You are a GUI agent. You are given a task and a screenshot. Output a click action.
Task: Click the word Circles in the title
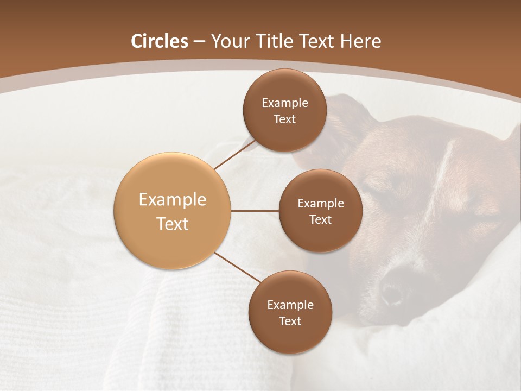tap(159, 41)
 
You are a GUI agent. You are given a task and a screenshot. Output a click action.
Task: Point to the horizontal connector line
tap(255, 211)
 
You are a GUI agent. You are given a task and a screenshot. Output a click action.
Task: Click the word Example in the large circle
tap(172, 200)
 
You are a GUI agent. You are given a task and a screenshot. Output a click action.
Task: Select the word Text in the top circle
tap(284, 119)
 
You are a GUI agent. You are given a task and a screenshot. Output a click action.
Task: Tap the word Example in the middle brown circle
tap(320, 204)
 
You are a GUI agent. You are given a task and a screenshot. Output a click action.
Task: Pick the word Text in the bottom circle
tap(290, 321)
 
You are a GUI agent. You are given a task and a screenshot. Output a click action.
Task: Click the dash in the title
tap(199, 42)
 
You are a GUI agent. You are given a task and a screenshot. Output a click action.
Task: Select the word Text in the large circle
tap(172, 224)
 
